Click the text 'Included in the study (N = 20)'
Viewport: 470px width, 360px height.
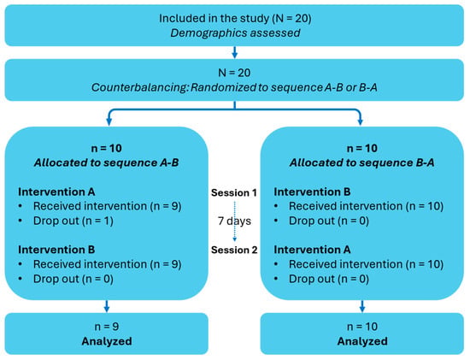point(235,18)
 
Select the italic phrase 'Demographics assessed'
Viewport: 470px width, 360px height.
point(235,33)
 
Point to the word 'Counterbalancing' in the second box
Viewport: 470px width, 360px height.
point(139,87)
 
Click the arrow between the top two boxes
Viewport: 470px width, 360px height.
point(235,52)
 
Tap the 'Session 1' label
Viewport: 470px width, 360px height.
point(234,192)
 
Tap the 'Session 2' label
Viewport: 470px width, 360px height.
point(234,250)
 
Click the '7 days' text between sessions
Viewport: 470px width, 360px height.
point(234,221)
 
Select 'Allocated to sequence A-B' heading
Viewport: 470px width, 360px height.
point(107,162)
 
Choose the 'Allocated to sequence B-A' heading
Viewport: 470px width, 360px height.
point(361,162)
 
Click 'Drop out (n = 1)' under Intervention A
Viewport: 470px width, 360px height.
point(73,221)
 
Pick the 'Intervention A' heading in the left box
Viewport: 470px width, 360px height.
point(56,192)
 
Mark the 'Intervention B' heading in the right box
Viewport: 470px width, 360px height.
point(312,192)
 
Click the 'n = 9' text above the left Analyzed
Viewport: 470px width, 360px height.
point(107,327)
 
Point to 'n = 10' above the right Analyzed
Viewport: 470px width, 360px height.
point(362,327)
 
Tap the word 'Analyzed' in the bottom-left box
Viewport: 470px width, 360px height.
point(107,341)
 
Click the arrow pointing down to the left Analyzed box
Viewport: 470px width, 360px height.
point(107,306)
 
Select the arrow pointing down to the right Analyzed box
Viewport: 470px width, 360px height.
point(362,306)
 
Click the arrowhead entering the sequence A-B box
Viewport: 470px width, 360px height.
point(109,121)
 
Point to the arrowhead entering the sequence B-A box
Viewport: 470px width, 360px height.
point(361,121)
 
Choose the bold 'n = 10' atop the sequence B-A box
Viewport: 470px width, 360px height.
point(362,148)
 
